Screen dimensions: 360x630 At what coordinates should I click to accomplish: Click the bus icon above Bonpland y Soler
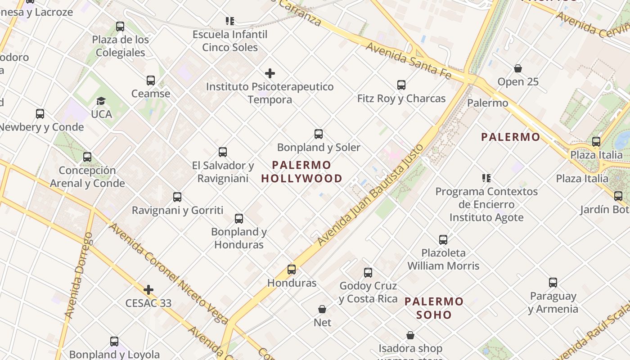[319, 134]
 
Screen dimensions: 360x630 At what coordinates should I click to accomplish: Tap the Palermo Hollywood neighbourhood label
[302, 172]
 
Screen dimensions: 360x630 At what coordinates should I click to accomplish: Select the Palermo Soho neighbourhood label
[434, 308]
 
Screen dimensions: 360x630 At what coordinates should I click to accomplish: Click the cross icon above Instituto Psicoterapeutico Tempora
[270, 73]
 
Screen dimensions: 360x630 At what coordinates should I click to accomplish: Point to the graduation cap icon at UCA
[101, 101]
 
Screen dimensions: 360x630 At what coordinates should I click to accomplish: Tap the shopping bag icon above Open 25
[518, 68]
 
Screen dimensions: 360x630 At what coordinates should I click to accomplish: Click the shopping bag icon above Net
[322, 309]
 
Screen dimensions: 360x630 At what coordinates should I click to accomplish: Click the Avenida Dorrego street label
[79, 275]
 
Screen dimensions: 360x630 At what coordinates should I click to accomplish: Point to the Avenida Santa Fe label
[408, 61]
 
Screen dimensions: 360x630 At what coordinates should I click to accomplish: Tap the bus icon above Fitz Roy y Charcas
[401, 85]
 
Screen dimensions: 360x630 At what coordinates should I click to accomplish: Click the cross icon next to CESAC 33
[148, 290]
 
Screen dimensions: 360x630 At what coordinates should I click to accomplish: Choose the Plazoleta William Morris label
[443, 259]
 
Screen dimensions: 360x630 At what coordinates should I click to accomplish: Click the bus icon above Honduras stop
[292, 270]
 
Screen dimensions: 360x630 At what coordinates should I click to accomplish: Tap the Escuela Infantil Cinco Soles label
[230, 41]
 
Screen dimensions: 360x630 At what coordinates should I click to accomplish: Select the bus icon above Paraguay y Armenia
[553, 283]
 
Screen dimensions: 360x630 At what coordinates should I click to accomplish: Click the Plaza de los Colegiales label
[120, 46]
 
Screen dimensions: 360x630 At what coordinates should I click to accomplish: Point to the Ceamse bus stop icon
[151, 81]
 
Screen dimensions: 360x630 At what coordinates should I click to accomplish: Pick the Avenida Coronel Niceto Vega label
[169, 274]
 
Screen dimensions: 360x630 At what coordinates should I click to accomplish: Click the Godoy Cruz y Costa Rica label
[368, 292]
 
